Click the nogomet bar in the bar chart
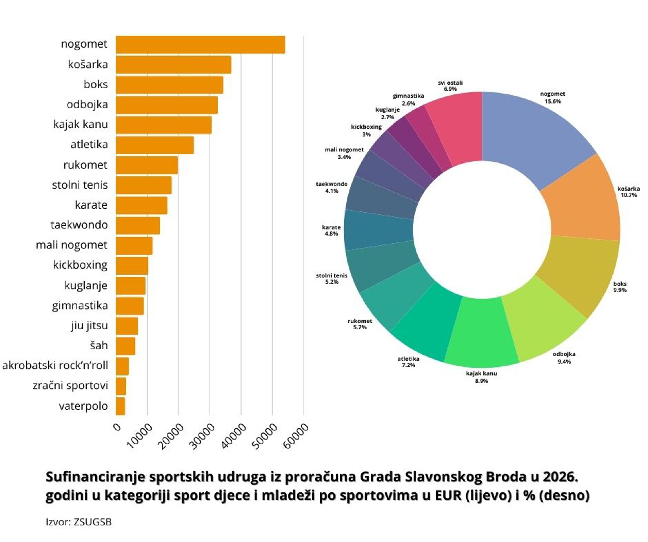coord(201,45)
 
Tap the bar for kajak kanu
coord(164,125)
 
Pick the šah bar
coord(126,346)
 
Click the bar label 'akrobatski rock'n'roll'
coord(55,366)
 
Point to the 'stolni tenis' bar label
coord(80,185)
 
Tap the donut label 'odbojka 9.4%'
coord(564,358)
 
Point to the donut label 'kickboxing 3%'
coord(366,130)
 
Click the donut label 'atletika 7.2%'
coord(408,362)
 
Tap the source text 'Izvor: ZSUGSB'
coord(79,522)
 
